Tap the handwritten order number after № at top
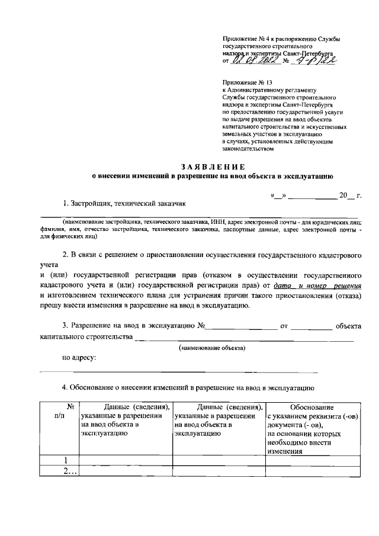[x=317, y=59]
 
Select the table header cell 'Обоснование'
[x=312, y=407]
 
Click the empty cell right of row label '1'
[x=125, y=461]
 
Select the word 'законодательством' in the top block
[x=248, y=149]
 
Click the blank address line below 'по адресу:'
[x=178, y=371]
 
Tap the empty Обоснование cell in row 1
[x=312, y=461]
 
